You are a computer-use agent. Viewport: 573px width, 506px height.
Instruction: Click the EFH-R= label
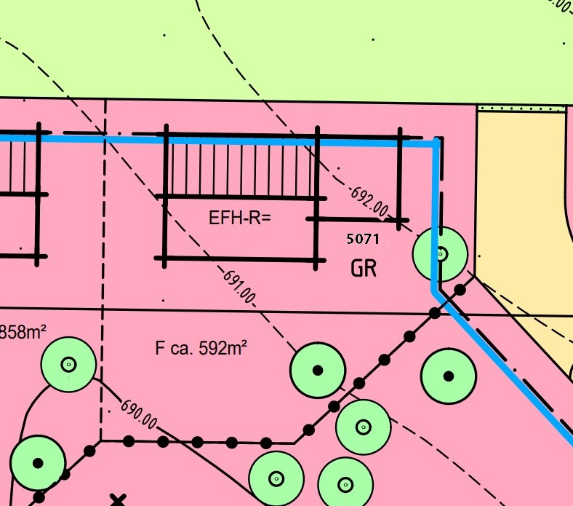tap(239, 217)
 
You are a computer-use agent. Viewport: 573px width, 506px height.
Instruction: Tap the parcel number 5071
tap(363, 238)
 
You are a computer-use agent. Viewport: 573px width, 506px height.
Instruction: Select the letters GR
tap(363, 269)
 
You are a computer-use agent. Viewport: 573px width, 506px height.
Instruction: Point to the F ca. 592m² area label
tap(201, 347)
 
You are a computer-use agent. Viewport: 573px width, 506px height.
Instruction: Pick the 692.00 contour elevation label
tap(369, 202)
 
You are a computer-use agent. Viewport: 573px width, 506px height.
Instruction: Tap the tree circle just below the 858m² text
tap(68, 364)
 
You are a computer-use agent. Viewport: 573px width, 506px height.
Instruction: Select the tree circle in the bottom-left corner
tap(38, 462)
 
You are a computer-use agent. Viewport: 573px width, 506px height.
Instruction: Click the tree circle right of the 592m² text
tap(317, 371)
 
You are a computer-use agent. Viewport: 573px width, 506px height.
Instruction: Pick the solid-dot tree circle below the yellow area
tap(449, 376)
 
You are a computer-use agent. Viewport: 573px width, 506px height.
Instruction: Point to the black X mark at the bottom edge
tap(117, 500)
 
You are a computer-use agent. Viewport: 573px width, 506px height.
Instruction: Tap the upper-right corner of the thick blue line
tap(436, 143)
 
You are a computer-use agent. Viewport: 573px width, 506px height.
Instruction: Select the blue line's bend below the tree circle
tap(436, 290)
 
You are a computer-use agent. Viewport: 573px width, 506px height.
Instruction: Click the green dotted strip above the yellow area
tap(521, 108)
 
